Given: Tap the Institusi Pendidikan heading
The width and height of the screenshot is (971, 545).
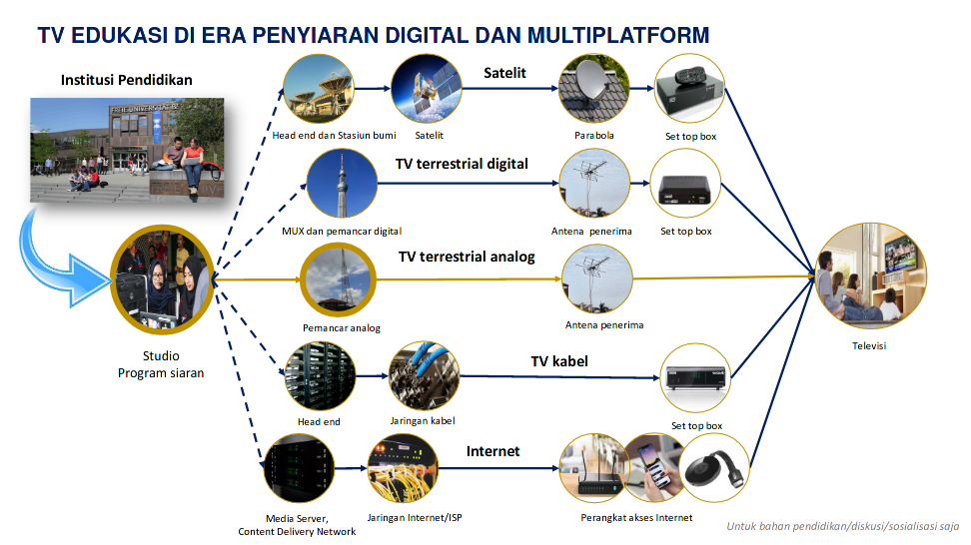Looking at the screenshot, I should tap(126, 80).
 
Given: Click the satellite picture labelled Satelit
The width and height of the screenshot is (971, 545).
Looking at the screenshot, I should tap(427, 90).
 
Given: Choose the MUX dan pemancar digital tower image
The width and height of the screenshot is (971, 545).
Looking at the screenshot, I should tap(342, 186).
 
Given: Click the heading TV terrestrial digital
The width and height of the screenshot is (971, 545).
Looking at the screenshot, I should tap(462, 164).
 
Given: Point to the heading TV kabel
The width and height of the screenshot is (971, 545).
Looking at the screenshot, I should tap(558, 361).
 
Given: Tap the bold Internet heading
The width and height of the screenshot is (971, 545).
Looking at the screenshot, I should tap(493, 451).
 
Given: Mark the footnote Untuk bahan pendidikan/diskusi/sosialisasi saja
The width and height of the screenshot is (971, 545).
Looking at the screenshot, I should tap(842, 526).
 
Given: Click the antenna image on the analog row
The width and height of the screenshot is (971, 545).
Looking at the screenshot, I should tap(596, 279).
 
